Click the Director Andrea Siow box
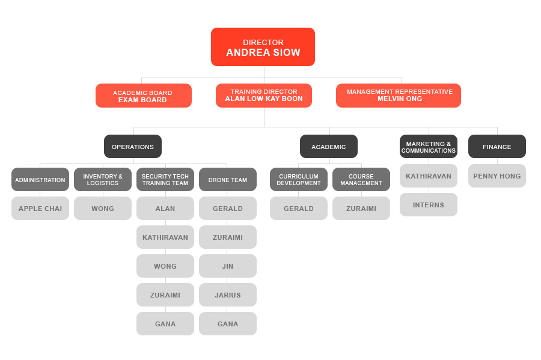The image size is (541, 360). [263, 47]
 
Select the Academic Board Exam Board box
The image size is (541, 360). [144, 96]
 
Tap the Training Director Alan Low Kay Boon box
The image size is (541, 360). [264, 96]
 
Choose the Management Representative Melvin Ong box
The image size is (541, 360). [399, 96]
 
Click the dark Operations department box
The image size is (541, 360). [133, 147]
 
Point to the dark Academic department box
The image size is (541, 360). [329, 147]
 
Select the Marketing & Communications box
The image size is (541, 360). [429, 147]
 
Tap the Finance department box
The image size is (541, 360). [497, 147]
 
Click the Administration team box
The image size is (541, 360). [40, 179]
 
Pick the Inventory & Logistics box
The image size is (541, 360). [103, 179]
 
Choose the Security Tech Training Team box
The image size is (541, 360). [165, 179]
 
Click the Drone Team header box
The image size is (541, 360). [228, 179]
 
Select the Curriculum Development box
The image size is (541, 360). [299, 179]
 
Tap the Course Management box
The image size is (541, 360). [361, 179]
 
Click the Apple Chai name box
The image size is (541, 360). [40, 209]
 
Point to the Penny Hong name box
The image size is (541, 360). [497, 176]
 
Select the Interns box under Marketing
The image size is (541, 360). [429, 205]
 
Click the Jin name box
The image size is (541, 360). [228, 266]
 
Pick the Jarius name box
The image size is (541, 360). [228, 295]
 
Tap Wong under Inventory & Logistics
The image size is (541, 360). [103, 209]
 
